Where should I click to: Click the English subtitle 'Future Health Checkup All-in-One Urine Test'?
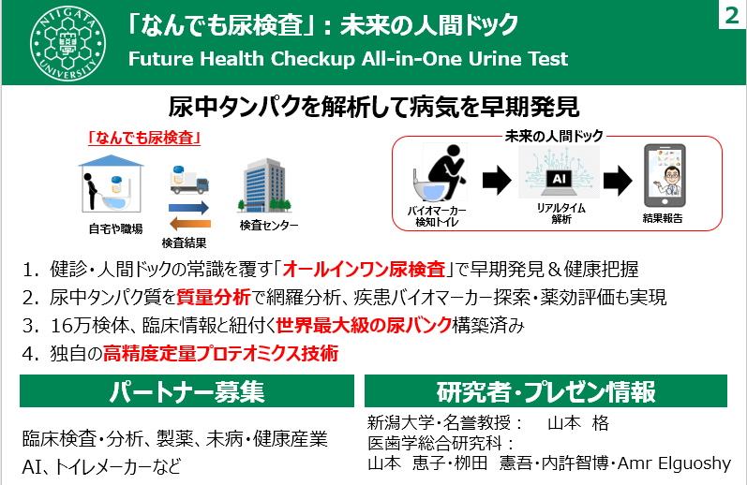pos(348,58)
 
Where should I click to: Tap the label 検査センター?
pos(268,226)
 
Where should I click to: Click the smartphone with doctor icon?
pos(664,176)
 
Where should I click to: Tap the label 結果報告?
pos(663,218)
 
